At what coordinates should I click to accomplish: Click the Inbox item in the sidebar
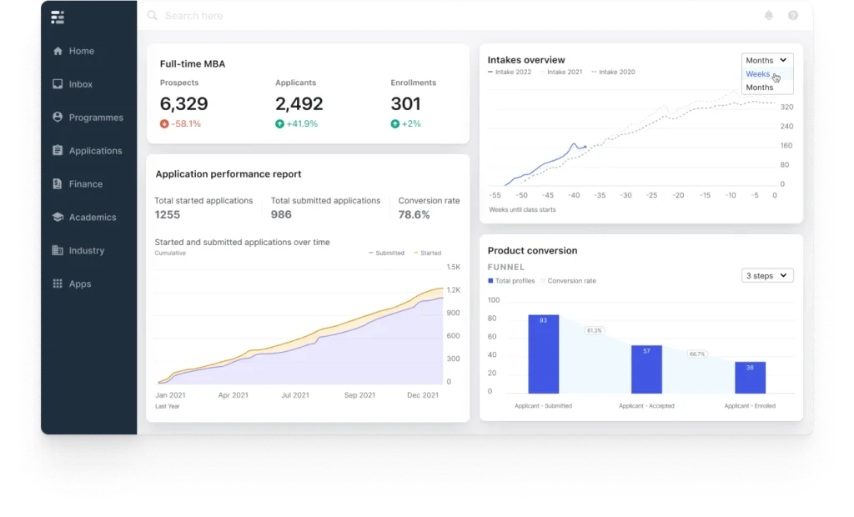coord(80,84)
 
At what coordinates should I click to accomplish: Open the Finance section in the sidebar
coord(85,184)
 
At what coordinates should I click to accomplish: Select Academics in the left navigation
coord(92,218)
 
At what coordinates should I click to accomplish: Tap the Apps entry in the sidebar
coord(79,284)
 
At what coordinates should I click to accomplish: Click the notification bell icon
coord(769,16)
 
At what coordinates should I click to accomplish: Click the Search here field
coord(193,16)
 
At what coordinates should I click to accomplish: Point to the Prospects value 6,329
coord(184,104)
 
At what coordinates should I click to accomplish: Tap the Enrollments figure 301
coord(405,104)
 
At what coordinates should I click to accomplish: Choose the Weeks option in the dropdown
coord(758,74)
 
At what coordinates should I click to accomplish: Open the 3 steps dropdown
coord(767,275)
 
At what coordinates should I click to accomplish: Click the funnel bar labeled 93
coord(543,354)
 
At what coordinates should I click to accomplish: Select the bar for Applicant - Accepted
coord(646,369)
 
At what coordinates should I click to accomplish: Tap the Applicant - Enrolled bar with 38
coord(750,377)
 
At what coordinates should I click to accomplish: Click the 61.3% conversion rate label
coord(594,330)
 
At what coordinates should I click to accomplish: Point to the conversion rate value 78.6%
coord(414,215)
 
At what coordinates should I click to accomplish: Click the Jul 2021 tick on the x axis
coord(295,395)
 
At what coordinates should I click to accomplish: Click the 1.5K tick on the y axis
coord(453,267)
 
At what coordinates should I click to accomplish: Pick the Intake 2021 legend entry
coord(565,73)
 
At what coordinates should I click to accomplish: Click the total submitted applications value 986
coord(281,215)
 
